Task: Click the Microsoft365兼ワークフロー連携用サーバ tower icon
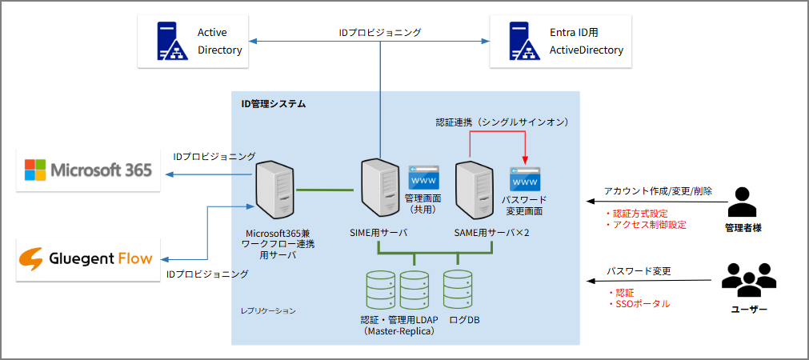274,191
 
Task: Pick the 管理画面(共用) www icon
423,177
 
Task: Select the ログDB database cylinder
458,290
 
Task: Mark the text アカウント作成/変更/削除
658,192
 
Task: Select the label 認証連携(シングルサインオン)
502,122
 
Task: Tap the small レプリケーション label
268,310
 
